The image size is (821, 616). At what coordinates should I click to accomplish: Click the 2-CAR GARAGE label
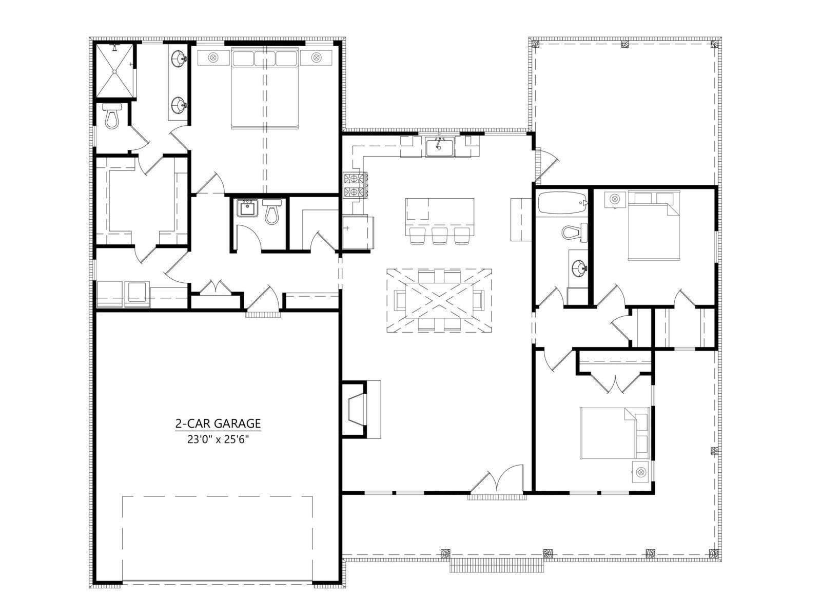pos(218,423)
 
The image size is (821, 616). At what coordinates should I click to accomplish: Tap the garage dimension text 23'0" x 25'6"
pos(218,440)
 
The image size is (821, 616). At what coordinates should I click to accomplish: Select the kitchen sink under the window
pos(439,146)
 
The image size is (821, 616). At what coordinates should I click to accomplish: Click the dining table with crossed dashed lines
pos(439,300)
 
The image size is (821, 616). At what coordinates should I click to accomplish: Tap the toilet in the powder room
pos(272,211)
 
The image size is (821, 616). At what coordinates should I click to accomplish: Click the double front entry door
pos(496,479)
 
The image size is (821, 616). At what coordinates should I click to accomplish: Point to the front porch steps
pos(497,565)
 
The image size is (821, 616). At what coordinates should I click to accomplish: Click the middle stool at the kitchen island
pos(439,235)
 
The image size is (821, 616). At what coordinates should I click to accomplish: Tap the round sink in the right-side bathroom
pos(579,268)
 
